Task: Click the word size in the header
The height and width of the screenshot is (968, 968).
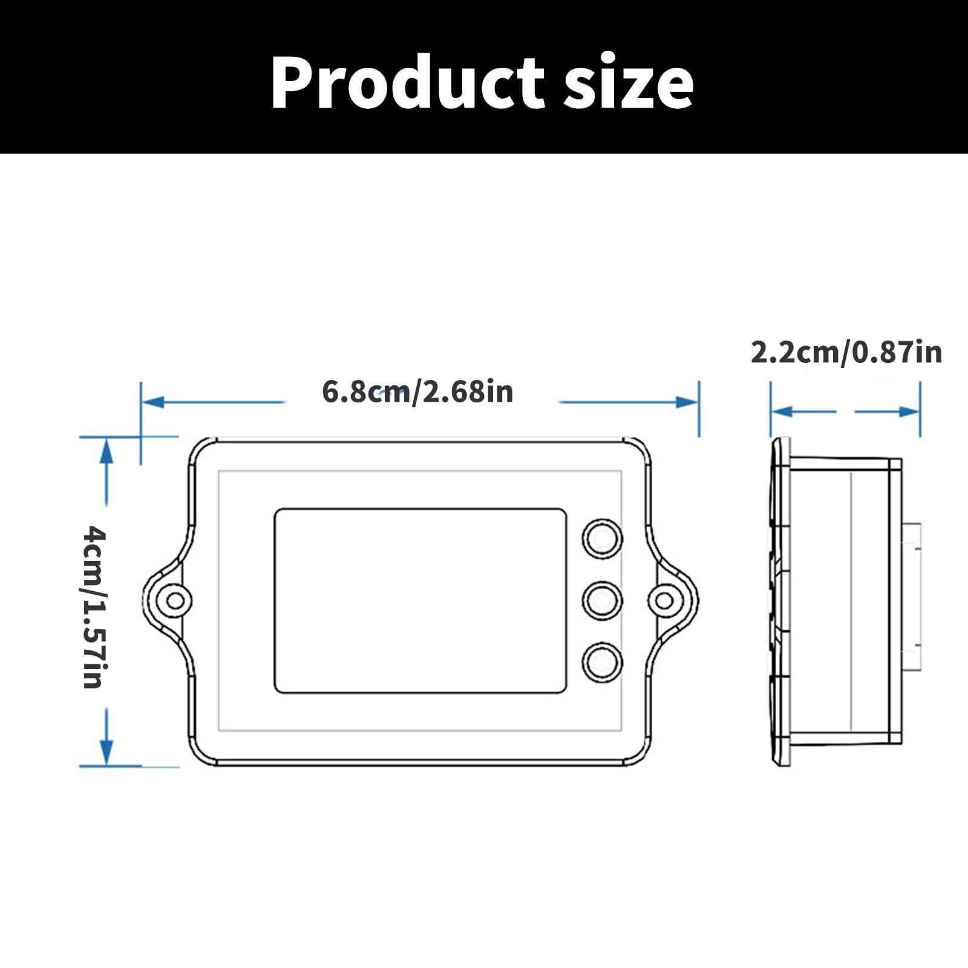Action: pyautogui.click(x=629, y=82)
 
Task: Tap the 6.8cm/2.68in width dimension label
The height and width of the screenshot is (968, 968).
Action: pyautogui.click(x=417, y=391)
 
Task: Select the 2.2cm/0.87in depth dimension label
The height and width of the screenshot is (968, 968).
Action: pyautogui.click(x=846, y=352)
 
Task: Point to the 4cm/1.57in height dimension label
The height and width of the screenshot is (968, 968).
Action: pyautogui.click(x=94, y=607)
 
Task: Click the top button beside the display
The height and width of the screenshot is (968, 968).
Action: pyautogui.click(x=602, y=538)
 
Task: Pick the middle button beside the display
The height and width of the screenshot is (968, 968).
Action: pyautogui.click(x=602, y=601)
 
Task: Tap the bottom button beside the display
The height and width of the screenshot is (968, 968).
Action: pyautogui.click(x=602, y=662)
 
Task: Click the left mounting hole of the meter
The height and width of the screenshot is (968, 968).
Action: pyautogui.click(x=175, y=601)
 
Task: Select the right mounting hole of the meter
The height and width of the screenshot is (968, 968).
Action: pyautogui.click(x=665, y=601)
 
